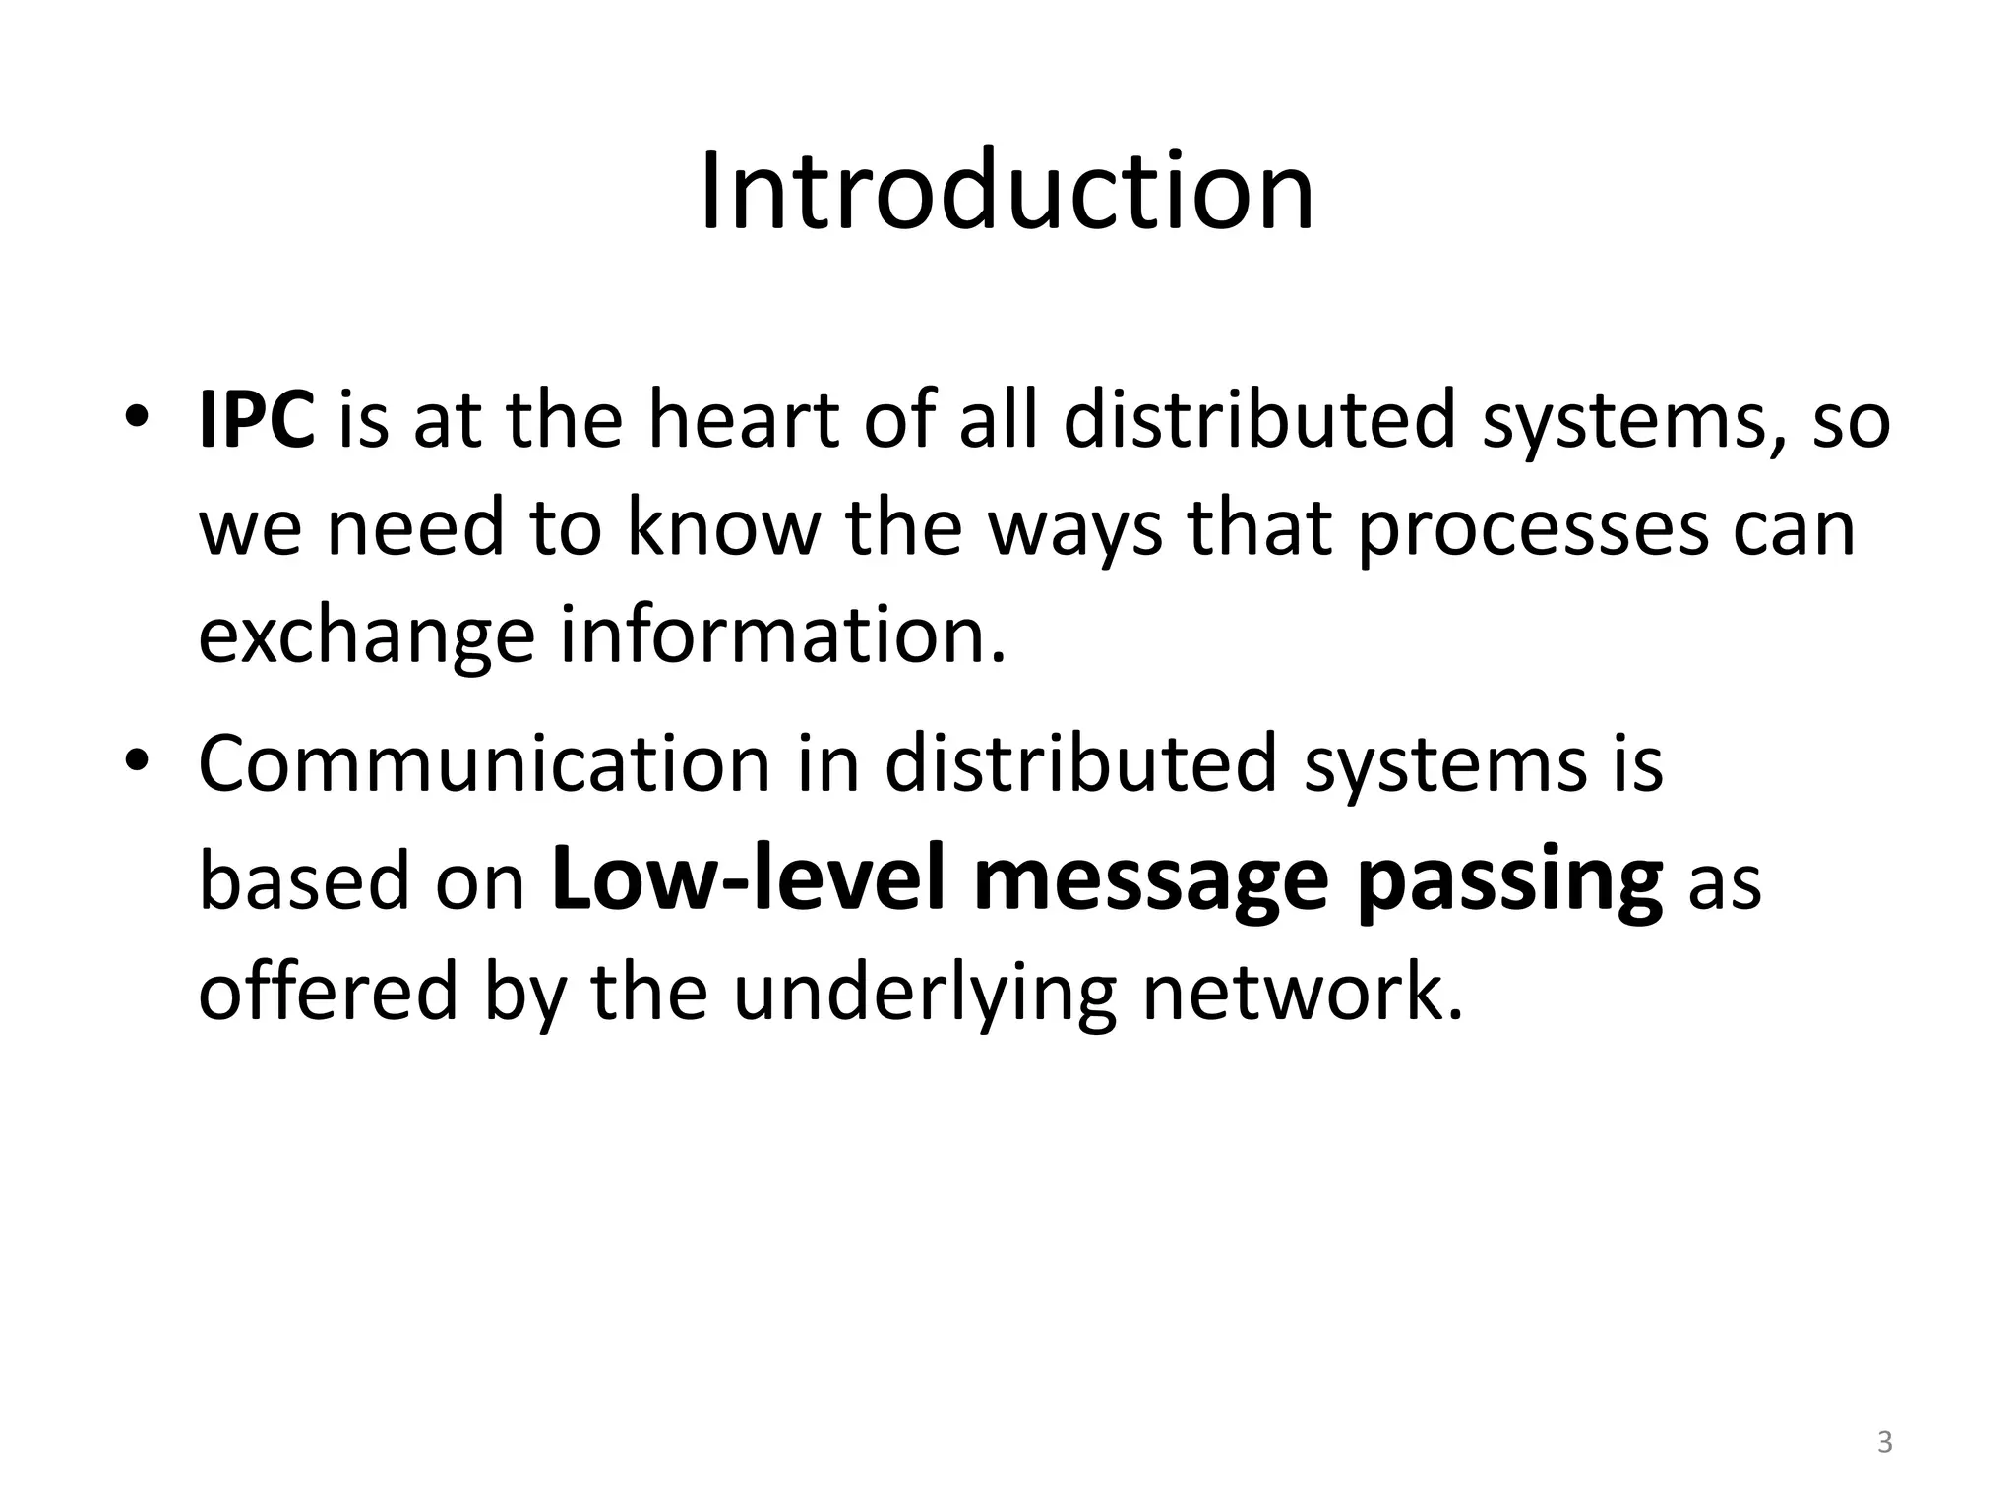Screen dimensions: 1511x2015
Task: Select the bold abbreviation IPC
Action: point(256,421)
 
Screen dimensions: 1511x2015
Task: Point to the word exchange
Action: point(366,637)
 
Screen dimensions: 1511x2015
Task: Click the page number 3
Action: point(1884,1443)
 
